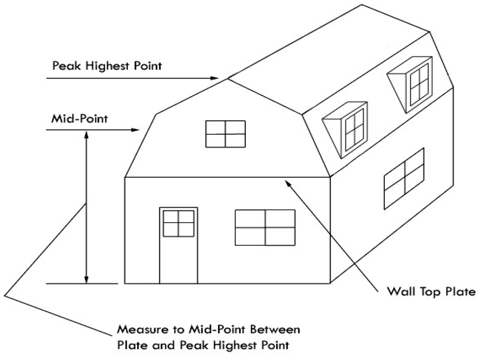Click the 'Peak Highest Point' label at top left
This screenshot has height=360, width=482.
(107, 65)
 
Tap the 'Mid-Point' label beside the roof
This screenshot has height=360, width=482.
(79, 118)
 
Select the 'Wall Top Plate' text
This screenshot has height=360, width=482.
(432, 292)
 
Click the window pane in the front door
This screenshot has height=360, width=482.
(178, 223)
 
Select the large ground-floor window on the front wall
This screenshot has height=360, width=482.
(265, 228)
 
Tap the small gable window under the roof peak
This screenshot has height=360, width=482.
(225, 134)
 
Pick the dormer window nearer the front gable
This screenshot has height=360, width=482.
(355, 128)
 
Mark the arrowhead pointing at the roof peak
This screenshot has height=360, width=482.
(214, 78)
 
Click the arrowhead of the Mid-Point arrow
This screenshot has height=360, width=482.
(136, 130)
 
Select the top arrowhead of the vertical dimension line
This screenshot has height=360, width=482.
(86, 133)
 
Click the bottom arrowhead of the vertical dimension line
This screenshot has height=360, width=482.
(86, 280)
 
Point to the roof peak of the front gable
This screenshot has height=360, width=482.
(227, 79)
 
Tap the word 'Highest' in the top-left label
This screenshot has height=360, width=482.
(106, 65)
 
